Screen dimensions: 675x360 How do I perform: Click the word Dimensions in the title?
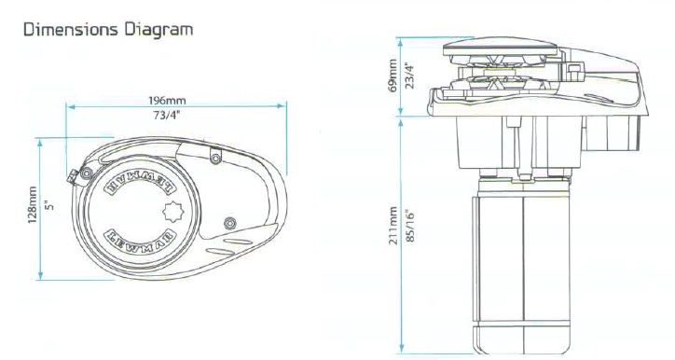tap(71, 30)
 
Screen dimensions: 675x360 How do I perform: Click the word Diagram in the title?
tap(158, 31)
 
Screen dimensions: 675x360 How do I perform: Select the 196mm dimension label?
tap(167, 101)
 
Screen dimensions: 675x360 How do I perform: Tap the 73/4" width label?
tap(167, 116)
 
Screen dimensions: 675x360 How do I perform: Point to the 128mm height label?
tap(33, 204)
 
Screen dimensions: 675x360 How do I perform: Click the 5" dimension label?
tap(50, 205)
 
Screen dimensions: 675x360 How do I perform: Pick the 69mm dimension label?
tap(393, 76)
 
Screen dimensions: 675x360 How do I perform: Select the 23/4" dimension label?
tap(410, 76)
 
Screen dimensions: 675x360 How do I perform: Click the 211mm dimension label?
tap(393, 226)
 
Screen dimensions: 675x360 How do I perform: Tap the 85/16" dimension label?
tap(409, 226)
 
